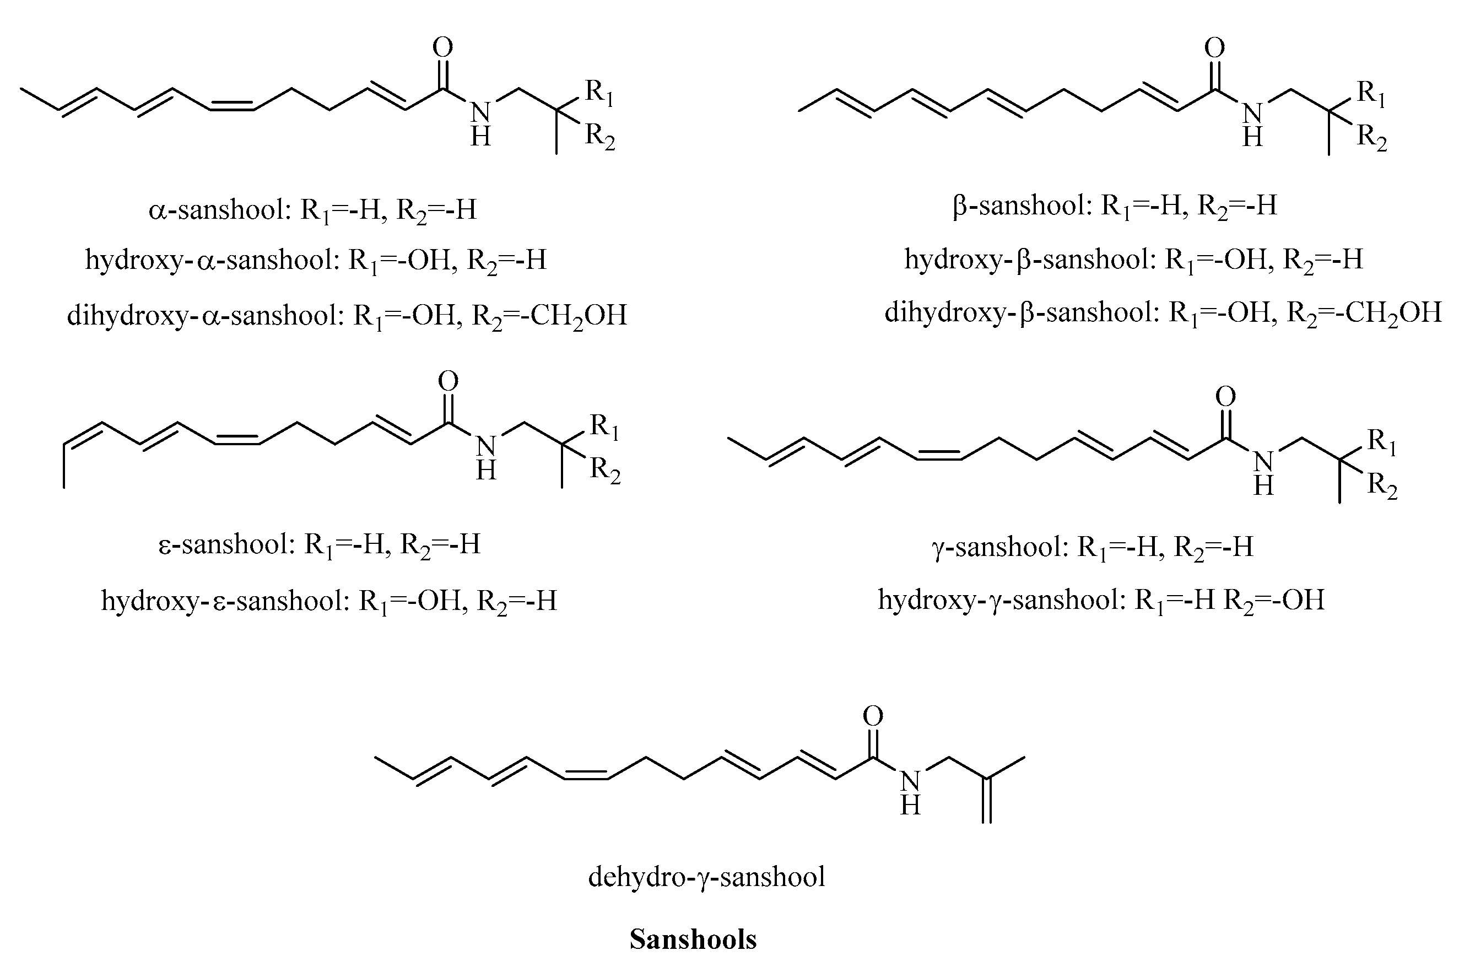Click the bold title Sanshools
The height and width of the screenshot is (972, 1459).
point(693,939)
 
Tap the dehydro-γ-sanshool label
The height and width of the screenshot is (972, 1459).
point(706,877)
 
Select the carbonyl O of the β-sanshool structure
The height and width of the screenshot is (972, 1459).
point(1214,48)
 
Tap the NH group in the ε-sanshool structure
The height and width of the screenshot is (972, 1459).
point(486,457)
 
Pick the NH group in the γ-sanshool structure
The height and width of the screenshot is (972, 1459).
point(1263,472)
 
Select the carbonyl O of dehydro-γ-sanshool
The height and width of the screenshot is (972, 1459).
point(873,716)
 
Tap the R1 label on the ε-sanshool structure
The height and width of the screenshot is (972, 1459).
point(604,426)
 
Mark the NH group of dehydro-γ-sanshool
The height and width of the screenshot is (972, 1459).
point(910,792)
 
